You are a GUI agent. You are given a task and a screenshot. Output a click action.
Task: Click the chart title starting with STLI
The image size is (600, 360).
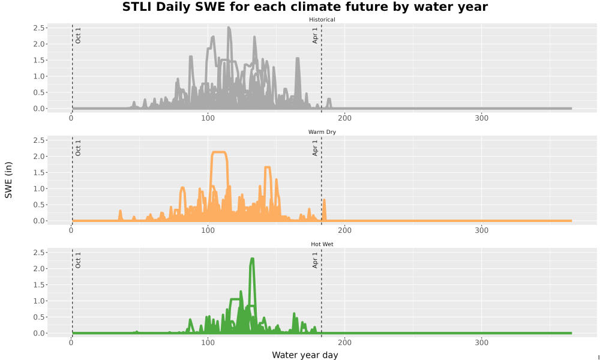[305, 7]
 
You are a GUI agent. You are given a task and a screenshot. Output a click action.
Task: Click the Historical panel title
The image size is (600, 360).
[322, 20]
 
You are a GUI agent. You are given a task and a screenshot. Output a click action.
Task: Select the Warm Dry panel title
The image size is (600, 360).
[322, 132]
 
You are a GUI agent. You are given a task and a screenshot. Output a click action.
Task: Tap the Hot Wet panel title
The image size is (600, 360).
[322, 244]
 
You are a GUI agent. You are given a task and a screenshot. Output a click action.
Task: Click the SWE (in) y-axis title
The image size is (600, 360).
[8, 180]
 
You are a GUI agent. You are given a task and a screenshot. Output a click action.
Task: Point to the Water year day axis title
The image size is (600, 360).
[305, 355]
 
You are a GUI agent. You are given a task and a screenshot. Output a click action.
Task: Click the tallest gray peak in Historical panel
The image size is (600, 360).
[229, 28]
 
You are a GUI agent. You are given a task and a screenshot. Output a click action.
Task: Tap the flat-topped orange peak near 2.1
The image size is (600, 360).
[219, 152]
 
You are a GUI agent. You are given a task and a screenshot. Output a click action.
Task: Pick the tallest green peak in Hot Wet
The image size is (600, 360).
[252, 259]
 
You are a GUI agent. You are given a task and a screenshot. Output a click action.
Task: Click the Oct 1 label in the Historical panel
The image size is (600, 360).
[78, 35]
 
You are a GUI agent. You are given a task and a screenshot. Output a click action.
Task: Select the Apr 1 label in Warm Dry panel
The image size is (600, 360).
[315, 148]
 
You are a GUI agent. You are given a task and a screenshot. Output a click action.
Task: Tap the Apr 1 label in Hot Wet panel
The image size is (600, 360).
[315, 260]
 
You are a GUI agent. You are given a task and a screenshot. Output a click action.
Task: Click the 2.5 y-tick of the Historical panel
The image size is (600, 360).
[40, 28]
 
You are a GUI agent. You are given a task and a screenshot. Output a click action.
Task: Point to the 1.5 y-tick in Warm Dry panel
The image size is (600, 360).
[40, 173]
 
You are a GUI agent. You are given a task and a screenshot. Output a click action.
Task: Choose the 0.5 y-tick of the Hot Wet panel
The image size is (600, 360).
[40, 317]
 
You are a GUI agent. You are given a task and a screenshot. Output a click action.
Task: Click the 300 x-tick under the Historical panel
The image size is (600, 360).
[481, 118]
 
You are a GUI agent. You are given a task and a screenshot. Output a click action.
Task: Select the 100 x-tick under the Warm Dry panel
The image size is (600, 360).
[208, 230]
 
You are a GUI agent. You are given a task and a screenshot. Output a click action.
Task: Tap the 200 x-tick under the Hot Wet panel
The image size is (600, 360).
[345, 343]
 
